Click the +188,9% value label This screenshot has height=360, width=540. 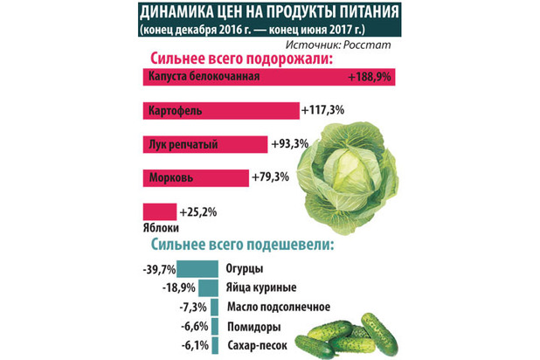(368, 76)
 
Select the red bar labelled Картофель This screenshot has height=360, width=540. (219, 111)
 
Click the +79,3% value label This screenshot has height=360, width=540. (273, 177)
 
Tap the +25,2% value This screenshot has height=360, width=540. (197, 211)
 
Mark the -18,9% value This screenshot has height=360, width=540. (178, 287)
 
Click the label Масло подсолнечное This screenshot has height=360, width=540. (277, 308)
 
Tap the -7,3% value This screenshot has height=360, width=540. (193, 308)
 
